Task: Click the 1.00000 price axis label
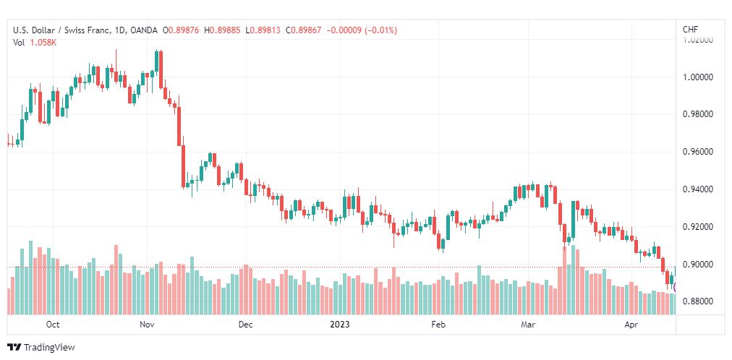coord(697,77)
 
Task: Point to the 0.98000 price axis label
coord(697,115)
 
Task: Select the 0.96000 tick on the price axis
coord(697,152)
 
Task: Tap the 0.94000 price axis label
coord(697,189)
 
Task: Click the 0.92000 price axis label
coord(697,227)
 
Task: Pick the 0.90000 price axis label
coord(697,265)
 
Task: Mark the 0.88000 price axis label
coord(697,301)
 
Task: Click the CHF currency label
coord(691,30)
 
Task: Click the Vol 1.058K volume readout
coord(35,43)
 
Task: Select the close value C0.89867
coord(304,30)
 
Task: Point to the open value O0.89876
coord(181,30)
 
